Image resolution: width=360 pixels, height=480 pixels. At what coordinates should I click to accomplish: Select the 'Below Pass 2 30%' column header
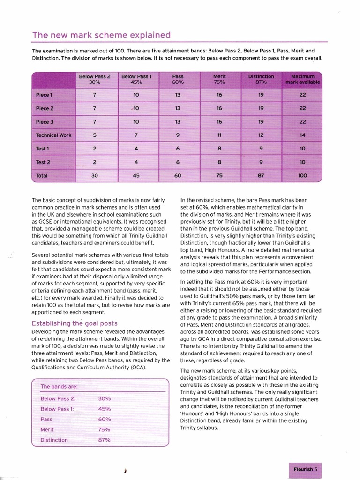click(x=95, y=79)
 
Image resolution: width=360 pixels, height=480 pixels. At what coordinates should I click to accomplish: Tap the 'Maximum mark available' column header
click(x=303, y=79)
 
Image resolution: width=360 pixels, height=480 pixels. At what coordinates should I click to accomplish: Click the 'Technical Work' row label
click(x=53, y=135)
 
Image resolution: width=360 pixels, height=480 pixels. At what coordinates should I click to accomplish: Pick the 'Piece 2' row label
click(x=45, y=108)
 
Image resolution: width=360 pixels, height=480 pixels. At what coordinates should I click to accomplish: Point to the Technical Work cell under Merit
click(x=219, y=135)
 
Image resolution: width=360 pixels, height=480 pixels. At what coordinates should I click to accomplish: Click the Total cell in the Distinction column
click(x=261, y=176)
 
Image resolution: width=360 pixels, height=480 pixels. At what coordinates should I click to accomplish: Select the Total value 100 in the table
click(x=303, y=176)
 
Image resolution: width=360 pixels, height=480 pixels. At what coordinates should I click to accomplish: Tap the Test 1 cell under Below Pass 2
click(x=95, y=149)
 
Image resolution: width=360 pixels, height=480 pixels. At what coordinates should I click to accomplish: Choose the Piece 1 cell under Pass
click(x=178, y=94)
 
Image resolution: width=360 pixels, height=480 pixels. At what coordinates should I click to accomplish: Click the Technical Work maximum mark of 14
click(x=303, y=135)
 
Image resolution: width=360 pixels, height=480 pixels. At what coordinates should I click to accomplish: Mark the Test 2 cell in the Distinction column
click(x=261, y=162)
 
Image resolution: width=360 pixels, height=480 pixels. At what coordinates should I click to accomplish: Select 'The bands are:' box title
click(x=59, y=386)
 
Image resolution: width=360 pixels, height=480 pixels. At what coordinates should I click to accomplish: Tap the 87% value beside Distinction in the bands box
click(x=104, y=440)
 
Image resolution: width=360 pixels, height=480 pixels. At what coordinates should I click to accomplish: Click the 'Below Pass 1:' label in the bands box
click(x=57, y=409)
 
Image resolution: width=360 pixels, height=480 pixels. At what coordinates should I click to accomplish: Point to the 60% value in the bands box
click(x=104, y=419)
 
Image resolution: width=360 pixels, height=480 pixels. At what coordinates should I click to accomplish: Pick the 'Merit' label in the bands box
click(x=47, y=429)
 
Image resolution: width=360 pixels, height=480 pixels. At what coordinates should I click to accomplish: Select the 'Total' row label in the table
click(x=43, y=176)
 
